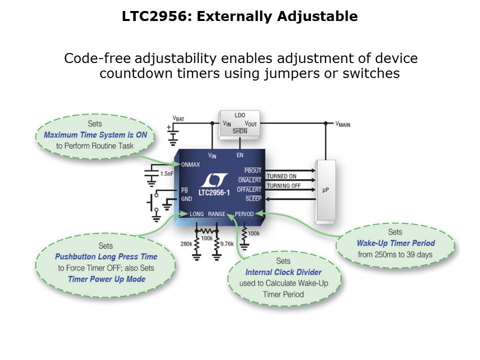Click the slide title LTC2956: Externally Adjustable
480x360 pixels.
pyautogui.click(x=239, y=16)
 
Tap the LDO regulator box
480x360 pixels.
pyautogui.click(x=240, y=123)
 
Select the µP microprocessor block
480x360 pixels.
pyautogui.click(x=325, y=191)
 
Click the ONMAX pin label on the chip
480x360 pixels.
pyautogui.click(x=191, y=164)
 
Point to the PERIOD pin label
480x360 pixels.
pyautogui.click(x=244, y=214)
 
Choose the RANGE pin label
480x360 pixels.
pyautogui.click(x=217, y=214)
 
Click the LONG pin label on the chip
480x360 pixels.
pyautogui.click(x=196, y=214)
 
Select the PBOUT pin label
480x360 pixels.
pyautogui.click(x=252, y=171)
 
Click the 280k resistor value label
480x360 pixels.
pyautogui.click(x=186, y=243)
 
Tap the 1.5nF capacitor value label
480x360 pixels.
pyautogui.click(x=166, y=173)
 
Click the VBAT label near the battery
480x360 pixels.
pyautogui.click(x=178, y=118)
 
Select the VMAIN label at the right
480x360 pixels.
pyautogui.click(x=342, y=124)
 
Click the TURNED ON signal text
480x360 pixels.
pyautogui.click(x=281, y=176)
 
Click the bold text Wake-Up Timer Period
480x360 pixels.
pyautogui.click(x=395, y=243)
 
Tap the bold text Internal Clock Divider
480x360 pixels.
pyautogui.click(x=283, y=272)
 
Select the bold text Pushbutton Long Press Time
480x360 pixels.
pyautogui.click(x=106, y=256)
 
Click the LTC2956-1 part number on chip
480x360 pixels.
pyautogui.click(x=215, y=192)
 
